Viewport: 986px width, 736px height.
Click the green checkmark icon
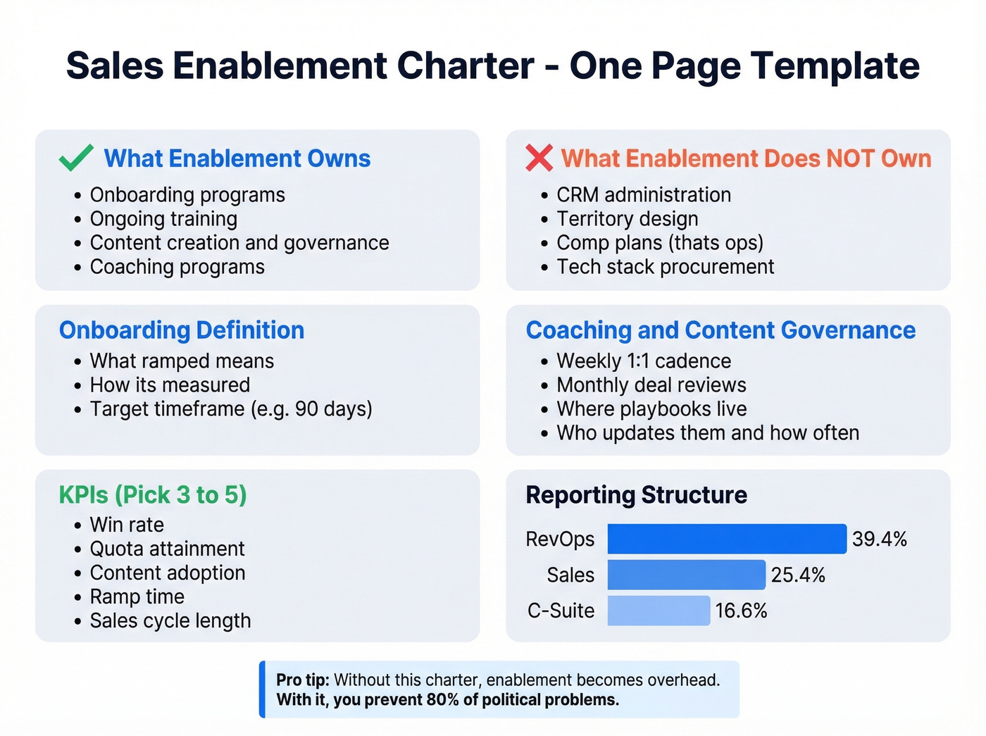pos(76,158)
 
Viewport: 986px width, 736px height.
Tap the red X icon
pos(539,158)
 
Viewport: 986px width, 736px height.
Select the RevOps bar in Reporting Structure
pos(726,539)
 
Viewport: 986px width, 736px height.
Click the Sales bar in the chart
pos(686,575)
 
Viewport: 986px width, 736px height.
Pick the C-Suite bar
pos(659,611)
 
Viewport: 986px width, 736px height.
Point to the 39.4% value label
pos(879,539)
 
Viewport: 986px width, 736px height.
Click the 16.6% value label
pos(741,611)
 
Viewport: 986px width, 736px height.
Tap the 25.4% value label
pos(798,575)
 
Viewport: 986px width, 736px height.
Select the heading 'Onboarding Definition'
pos(182,330)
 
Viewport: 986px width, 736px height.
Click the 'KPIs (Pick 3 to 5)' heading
pos(153,495)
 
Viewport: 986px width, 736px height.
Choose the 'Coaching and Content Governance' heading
pos(720,330)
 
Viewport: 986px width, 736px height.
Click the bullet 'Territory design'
pos(627,219)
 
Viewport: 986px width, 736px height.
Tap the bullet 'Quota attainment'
pos(167,549)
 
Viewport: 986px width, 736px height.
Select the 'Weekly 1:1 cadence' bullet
pos(643,361)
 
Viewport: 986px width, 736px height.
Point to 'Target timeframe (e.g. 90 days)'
pos(231,409)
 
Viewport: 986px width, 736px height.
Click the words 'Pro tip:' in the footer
pos(303,680)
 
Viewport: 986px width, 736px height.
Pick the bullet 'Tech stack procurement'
pos(665,267)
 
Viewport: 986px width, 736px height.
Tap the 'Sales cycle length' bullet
pos(170,620)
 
